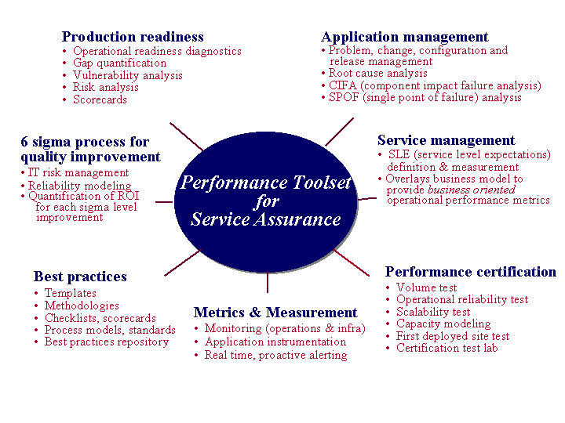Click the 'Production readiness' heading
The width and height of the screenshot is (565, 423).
(133, 37)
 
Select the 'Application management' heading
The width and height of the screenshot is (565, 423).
(405, 37)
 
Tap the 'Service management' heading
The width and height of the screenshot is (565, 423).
(446, 140)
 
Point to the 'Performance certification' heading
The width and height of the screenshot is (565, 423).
(471, 272)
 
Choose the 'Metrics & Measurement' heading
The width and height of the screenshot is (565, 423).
(275, 313)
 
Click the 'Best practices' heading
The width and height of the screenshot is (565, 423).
(80, 277)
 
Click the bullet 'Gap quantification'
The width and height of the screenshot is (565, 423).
(119, 63)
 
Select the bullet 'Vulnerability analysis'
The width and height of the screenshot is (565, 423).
(128, 75)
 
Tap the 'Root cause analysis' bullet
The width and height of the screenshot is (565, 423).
(378, 73)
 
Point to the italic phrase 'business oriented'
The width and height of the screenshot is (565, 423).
(472, 190)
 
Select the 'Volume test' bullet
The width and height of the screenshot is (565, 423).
(426, 287)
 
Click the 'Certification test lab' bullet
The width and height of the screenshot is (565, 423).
(447, 348)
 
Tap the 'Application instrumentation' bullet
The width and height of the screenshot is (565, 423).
(275, 342)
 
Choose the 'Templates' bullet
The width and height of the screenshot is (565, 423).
(71, 293)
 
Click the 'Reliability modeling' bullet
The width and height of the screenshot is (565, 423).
(79, 186)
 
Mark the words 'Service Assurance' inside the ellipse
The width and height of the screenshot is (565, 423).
(266, 219)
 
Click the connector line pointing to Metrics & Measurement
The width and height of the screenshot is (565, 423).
(268, 282)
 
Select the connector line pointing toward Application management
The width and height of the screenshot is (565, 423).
(339, 132)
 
